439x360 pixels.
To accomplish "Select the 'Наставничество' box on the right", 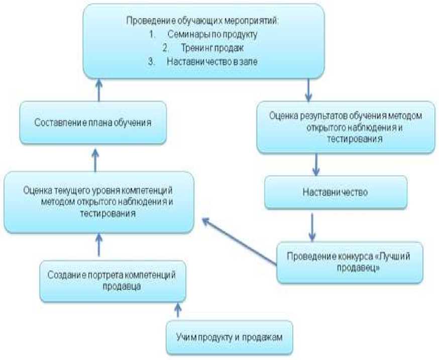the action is (x=336, y=192).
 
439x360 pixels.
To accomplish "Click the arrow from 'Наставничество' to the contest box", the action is (x=312, y=225).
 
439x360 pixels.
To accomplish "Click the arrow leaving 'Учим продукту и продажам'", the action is (x=177, y=310).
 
